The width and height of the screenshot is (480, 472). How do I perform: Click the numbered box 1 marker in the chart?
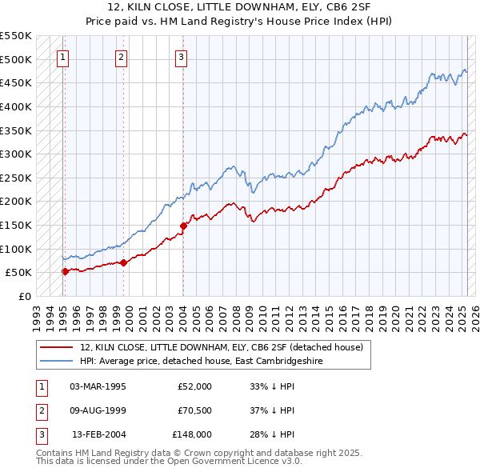coord(62,57)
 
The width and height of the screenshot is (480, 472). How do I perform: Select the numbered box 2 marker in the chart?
coord(121,57)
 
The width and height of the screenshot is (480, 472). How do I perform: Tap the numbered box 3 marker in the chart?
coord(182,57)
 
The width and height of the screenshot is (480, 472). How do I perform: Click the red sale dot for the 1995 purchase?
coord(65,271)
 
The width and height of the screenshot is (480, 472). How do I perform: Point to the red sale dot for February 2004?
coord(183,226)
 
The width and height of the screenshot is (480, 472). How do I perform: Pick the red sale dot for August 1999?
coord(124,262)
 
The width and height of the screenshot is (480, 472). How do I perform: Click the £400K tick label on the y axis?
coord(16,106)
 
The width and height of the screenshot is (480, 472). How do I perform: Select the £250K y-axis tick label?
coord(16,178)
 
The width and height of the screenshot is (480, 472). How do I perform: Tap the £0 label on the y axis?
coord(25,296)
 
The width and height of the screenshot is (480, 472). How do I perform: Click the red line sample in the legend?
coord(56,347)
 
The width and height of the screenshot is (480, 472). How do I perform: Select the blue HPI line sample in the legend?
coord(56,361)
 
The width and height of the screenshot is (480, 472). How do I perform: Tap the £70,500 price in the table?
coord(194,410)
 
